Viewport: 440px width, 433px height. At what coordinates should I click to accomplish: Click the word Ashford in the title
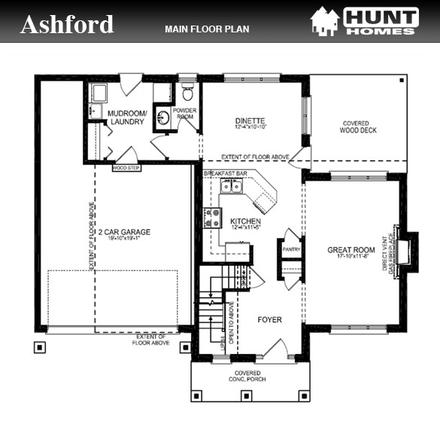pyautogui.click(x=67, y=24)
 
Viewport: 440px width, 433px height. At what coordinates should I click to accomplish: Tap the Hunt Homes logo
pyautogui.click(x=365, y=22)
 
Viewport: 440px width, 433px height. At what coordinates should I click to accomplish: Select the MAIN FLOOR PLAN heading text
pyautogui.click(x=207, y=29)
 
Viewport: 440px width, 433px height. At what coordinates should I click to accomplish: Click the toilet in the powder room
pyautogui.click(x=188, y=94)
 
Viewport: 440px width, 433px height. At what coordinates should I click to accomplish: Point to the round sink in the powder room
pyautogui.click(x=163, y=117)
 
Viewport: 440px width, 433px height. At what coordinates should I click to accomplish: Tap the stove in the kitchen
pyautogui.click(x=211, y=218)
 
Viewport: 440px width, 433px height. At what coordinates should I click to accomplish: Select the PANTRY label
pyautogui.click(x=290, y=249)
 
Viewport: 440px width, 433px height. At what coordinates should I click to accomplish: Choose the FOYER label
pyautogui.click(x=269, y=320)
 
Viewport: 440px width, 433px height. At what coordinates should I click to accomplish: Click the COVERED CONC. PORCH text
pyautogui.click(x=247, y=377)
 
